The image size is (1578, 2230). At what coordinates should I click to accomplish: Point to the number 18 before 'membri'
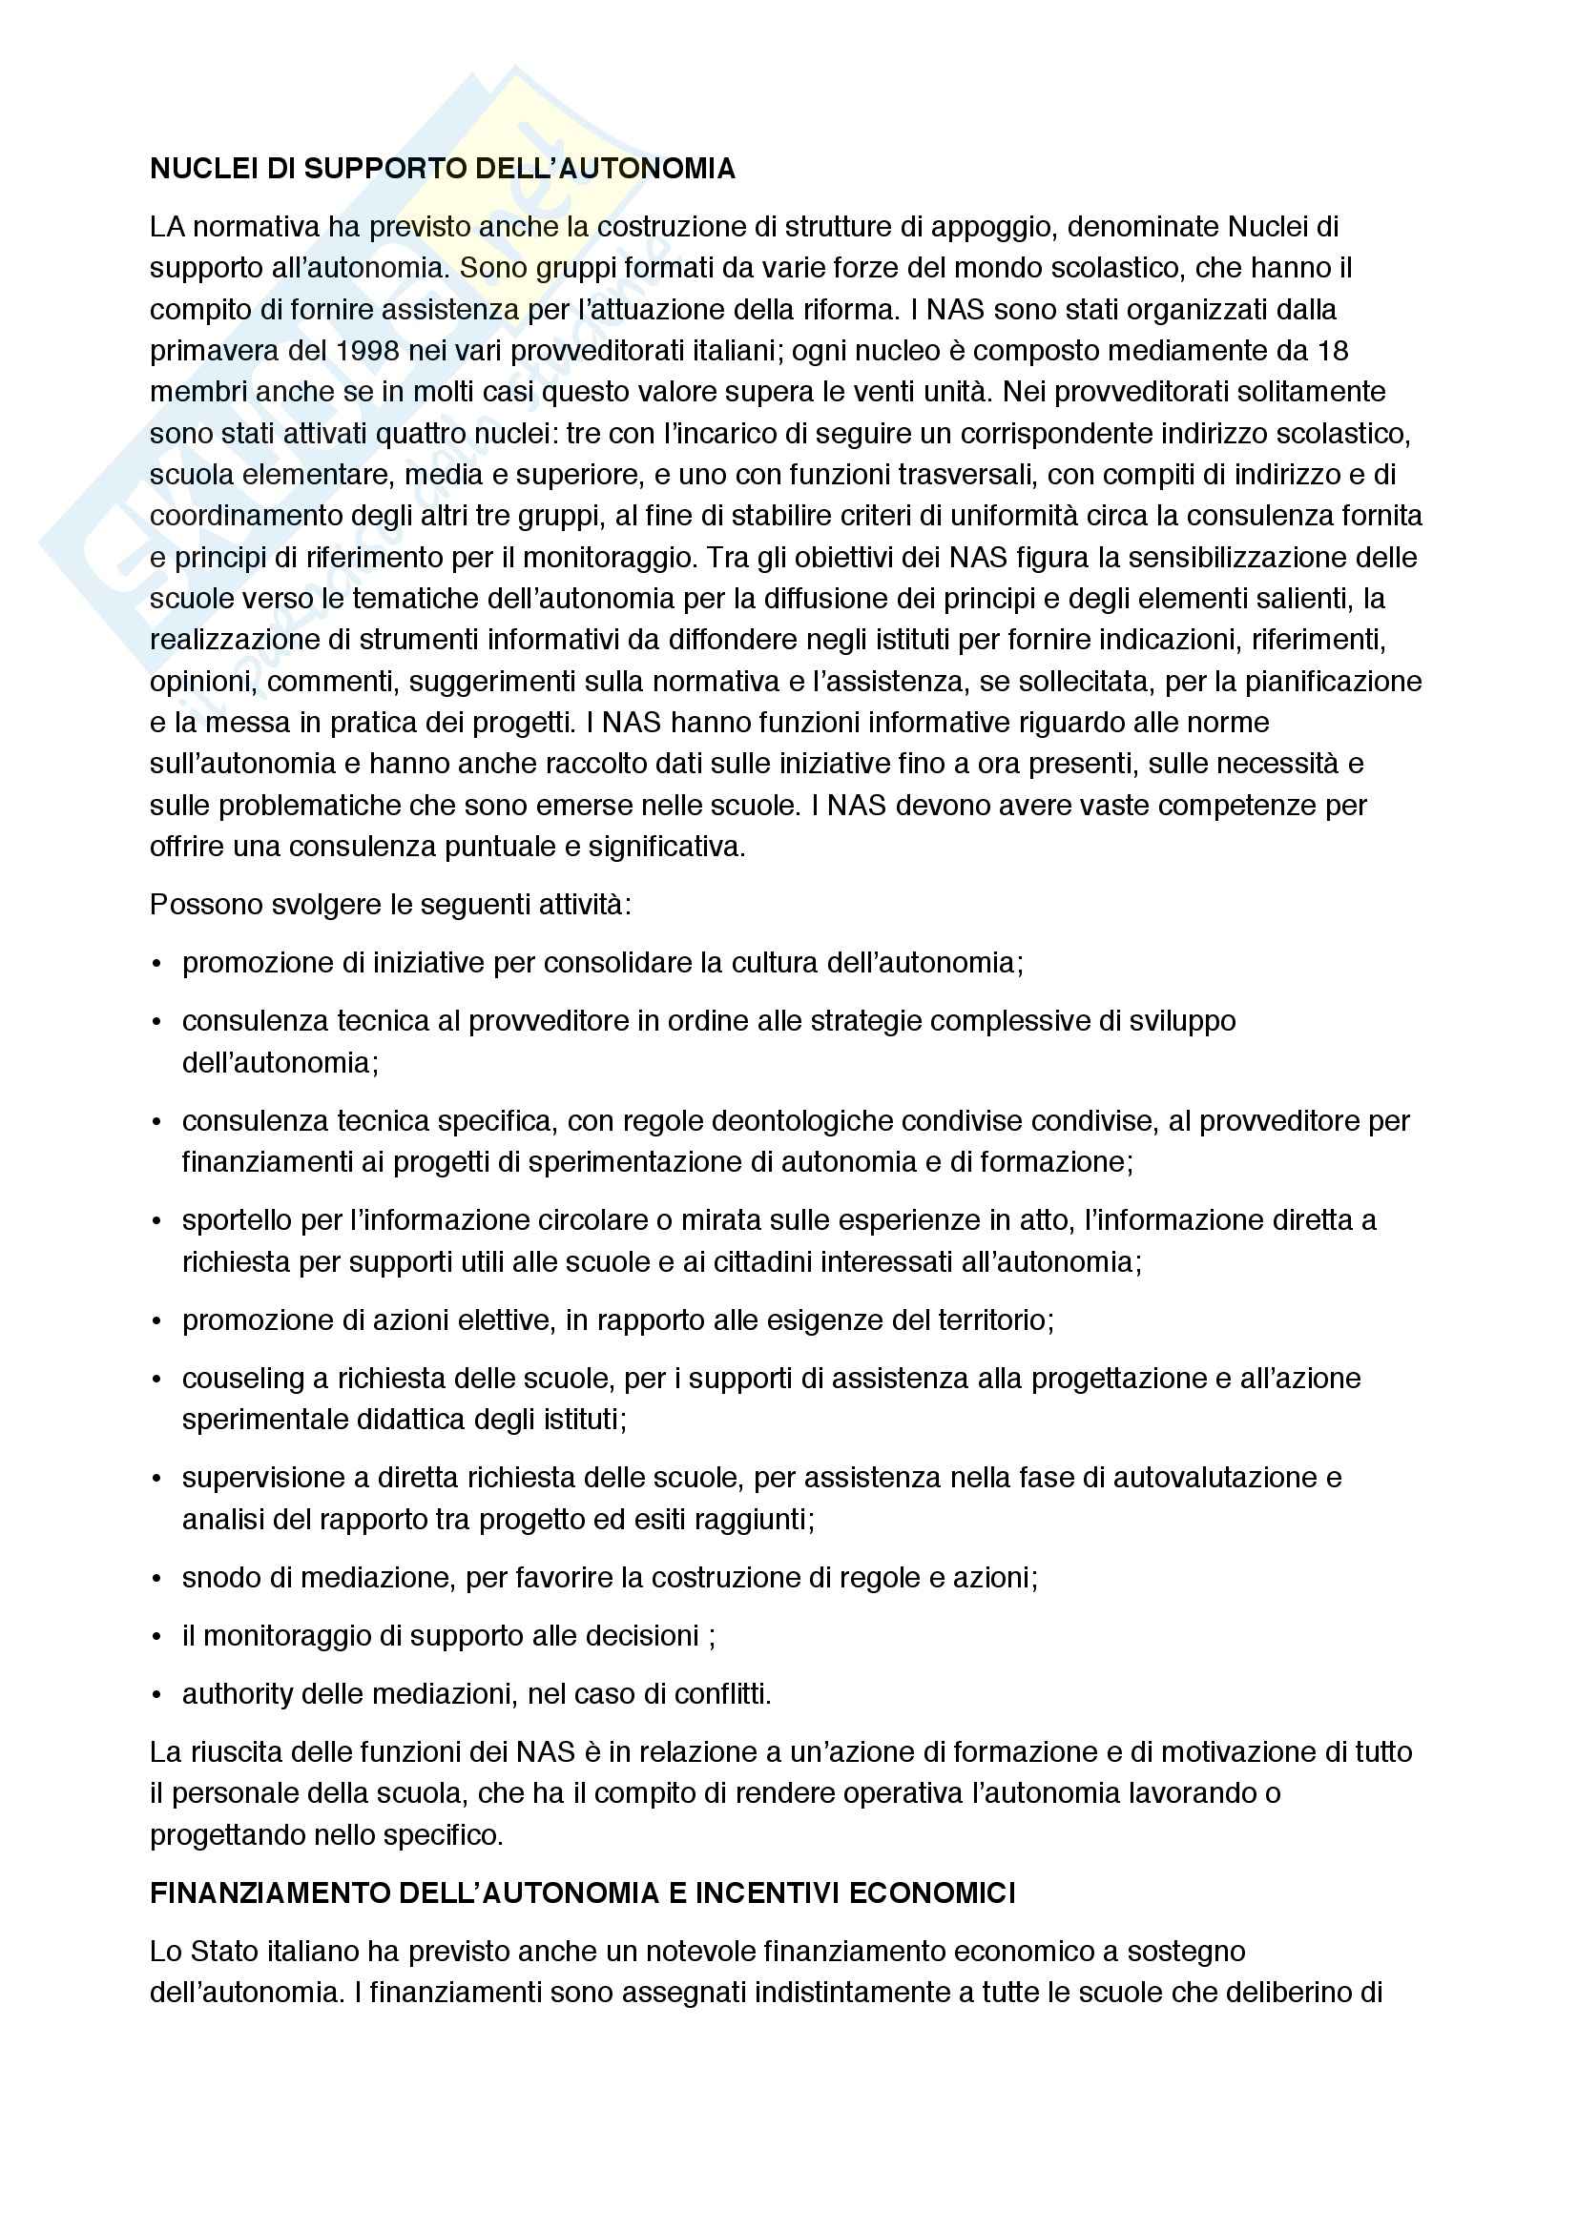pos(1332,351)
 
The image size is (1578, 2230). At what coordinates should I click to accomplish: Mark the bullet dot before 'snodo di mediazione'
pos(156,1578)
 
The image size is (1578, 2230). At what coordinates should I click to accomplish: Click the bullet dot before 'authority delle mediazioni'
pos(156,1695)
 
